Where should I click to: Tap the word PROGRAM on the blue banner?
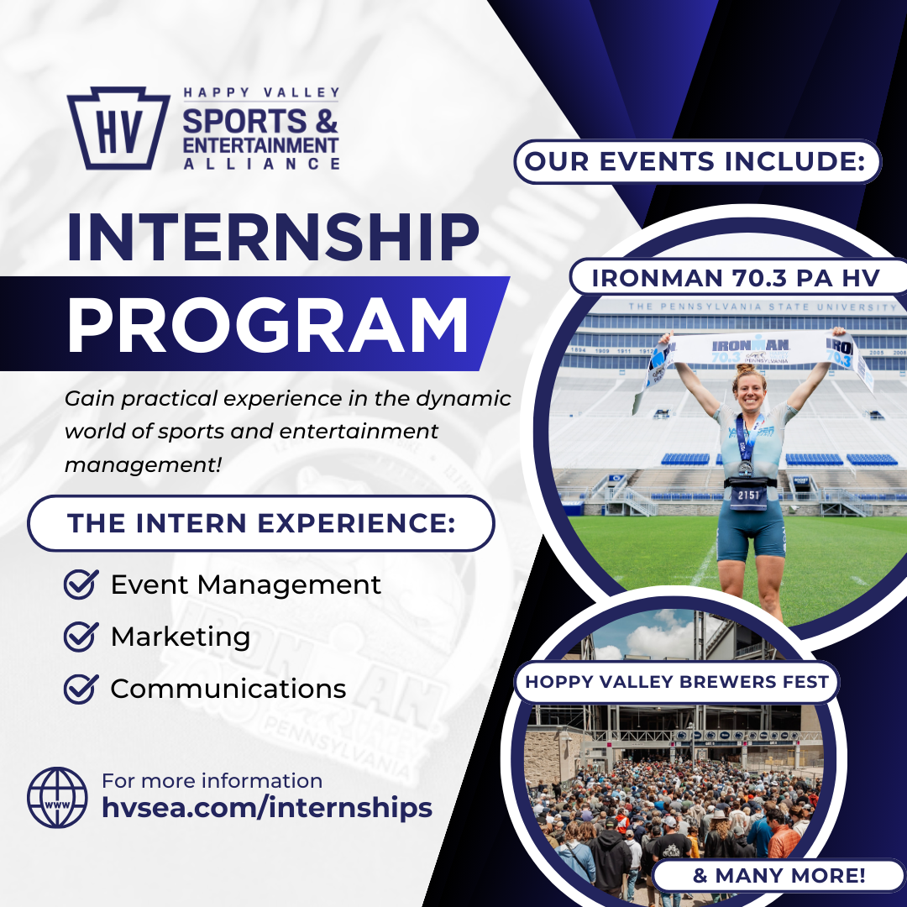coord(267,324)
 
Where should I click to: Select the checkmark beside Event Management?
coord(81,585)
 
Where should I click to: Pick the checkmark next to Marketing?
coord(81,637)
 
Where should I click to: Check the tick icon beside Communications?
coord(81,689)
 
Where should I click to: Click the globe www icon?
coord(57,797)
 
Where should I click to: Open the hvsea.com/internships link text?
coord(267,808)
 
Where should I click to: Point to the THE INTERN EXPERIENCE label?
coord(260,523)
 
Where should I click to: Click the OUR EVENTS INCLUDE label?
coord(697,161)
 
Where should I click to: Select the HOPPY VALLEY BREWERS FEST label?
coord(677,682)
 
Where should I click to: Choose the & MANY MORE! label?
coord(779,876)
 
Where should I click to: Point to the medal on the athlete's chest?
coord(745,467)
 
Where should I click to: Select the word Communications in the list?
coord(228,689)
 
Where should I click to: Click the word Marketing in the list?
coord(181,637)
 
